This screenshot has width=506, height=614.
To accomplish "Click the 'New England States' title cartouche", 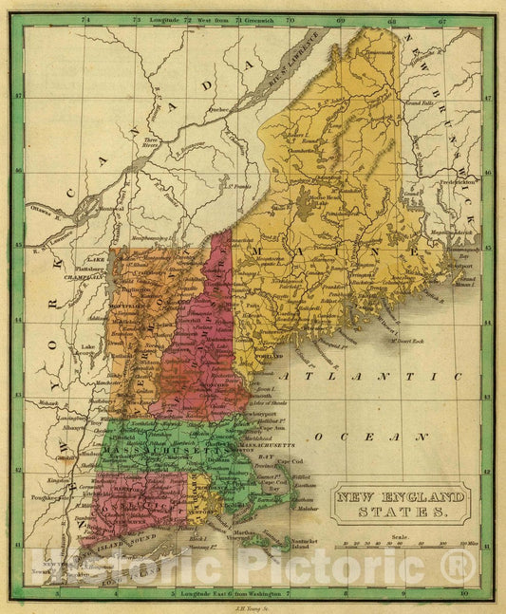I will pos(400,503).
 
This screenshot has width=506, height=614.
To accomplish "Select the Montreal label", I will pos(112,209).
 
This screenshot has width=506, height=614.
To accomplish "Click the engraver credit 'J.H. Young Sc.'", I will pos(251,605).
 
